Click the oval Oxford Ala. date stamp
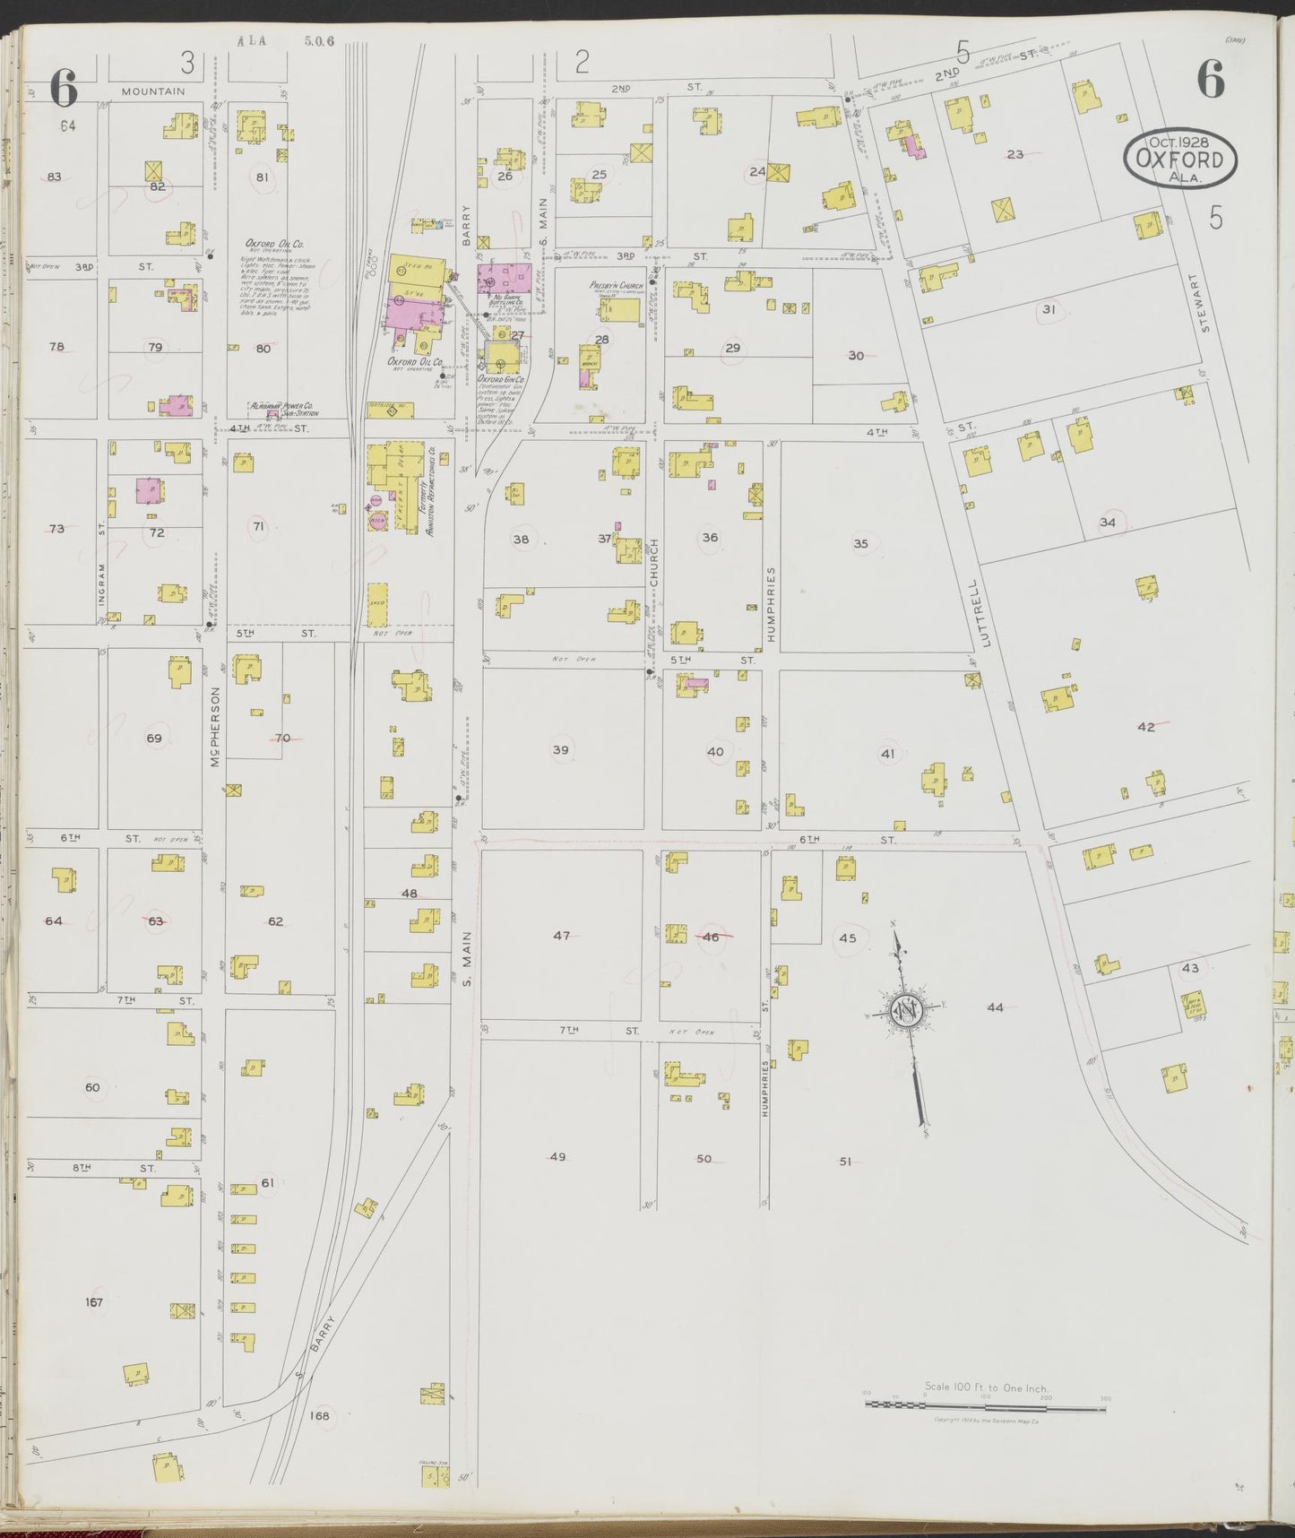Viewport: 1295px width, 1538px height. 1180,160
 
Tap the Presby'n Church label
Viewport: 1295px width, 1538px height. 617,286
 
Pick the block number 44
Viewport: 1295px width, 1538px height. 995,1007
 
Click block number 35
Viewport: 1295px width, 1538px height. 860,543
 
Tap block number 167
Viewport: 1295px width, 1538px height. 93,1302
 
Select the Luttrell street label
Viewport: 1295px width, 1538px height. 987,615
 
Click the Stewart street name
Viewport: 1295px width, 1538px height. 1205,304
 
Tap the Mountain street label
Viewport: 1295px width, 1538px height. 153,91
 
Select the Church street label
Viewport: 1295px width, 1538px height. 654,562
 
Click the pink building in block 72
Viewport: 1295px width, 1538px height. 149,490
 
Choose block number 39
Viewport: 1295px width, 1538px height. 560,750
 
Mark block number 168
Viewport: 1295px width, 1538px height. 319,1416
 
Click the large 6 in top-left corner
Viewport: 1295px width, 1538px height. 63,88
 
